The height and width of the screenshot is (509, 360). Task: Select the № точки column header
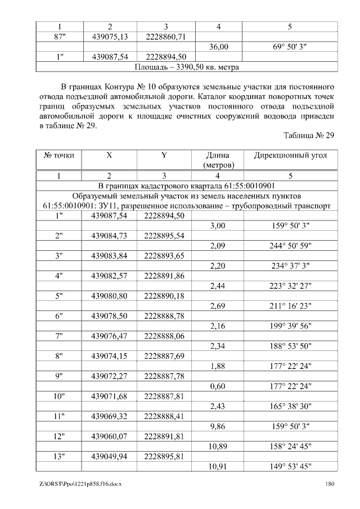59,155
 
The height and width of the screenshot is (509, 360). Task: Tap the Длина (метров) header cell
218,160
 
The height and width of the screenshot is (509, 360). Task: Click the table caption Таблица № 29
309,136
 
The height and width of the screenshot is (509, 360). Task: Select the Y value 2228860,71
166,37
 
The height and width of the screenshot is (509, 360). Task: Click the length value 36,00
218,47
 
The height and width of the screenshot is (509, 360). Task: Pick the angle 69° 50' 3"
289,47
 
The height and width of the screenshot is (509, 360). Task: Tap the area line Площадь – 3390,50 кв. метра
187,67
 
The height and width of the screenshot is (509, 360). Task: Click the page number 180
330,484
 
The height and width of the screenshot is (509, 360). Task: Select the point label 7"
59,336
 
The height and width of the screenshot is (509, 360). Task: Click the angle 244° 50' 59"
289,246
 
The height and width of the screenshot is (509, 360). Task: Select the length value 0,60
218,387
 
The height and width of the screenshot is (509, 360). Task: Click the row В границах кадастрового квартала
187,186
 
